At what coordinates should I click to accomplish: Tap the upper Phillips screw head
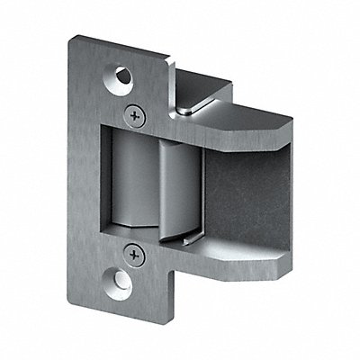point(136,114)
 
